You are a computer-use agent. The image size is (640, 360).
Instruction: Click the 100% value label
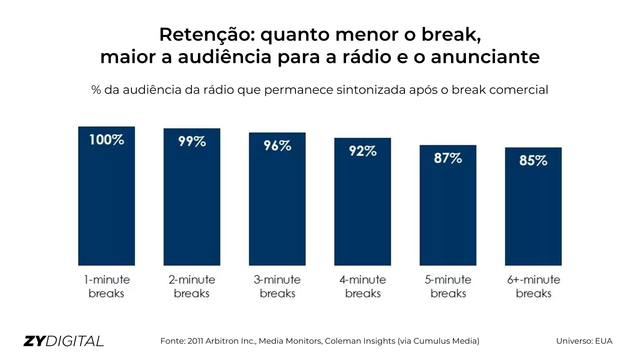106,139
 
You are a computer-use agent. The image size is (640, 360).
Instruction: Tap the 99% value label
192,141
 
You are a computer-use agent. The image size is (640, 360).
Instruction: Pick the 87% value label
448,158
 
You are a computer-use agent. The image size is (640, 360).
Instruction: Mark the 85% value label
533,160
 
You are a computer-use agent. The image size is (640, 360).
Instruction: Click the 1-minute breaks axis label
106,286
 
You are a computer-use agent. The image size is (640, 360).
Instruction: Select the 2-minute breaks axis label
192,286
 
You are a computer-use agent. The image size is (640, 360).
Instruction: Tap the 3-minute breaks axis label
277,286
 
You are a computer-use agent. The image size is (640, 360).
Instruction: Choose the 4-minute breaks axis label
362,286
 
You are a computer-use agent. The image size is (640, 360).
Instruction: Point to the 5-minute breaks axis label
448,286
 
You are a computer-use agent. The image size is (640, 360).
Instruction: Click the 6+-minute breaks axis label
533,286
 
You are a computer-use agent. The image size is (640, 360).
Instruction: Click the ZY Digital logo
63,341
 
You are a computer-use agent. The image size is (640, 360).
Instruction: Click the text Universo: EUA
584,341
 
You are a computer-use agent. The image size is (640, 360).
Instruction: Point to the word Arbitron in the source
221,341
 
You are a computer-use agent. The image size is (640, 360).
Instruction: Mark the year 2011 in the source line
196,341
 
